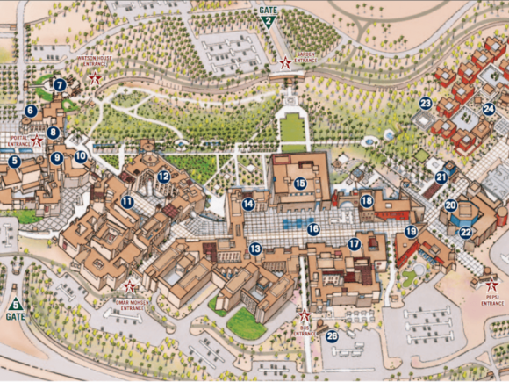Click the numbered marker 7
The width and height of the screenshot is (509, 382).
60,85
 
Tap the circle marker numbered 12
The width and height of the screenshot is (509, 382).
163,176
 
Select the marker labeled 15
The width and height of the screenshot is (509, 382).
300,184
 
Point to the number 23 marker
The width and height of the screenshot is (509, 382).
426,104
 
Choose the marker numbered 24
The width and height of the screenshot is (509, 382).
488,110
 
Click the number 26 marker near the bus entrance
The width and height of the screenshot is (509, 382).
332,335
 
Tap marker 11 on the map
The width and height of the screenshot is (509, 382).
127,201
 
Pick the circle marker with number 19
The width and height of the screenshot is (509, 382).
411,231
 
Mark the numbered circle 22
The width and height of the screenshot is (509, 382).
465,233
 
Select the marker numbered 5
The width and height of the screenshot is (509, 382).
14,161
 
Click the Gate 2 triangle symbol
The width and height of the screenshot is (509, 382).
268,24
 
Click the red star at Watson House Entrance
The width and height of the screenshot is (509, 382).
95,79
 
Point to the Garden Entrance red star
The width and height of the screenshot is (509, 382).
284,62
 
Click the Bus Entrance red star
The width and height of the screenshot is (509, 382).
305,315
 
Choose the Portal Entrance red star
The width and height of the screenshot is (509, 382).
37,141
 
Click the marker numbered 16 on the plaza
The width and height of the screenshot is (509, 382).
313,228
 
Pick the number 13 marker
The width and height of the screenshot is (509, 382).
254,249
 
